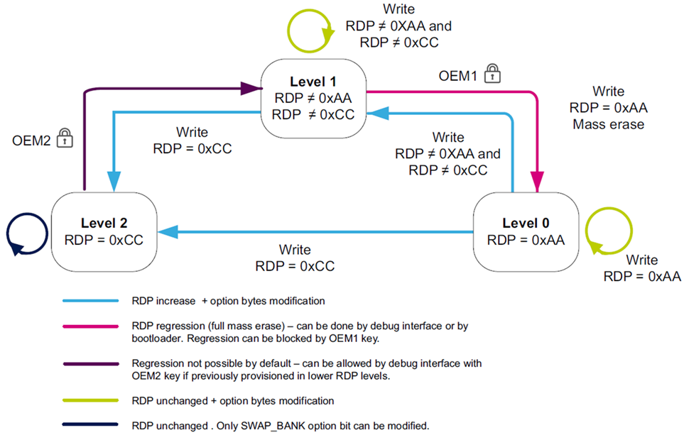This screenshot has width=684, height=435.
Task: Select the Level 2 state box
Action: pos(104,230)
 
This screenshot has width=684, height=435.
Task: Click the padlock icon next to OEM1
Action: pos(492,74)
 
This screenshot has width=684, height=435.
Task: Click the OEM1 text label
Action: pos(458,75)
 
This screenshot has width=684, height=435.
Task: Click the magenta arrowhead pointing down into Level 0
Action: pos(538,185)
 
